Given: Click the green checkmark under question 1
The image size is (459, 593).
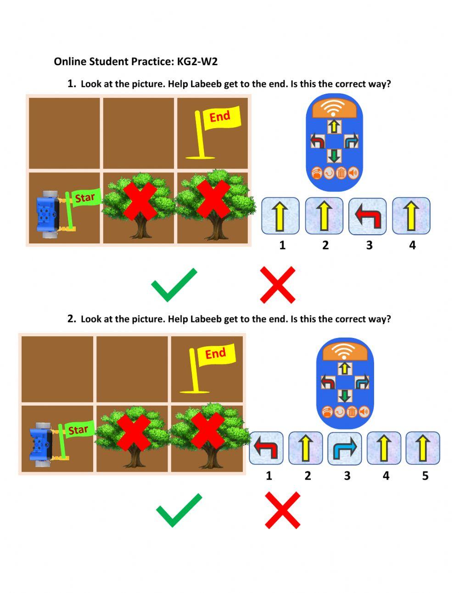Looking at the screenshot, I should (x=174, y=285).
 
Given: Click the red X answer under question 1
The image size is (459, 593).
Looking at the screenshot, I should (x=278, y=285).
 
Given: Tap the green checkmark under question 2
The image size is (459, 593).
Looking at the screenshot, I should (x=179, y=510).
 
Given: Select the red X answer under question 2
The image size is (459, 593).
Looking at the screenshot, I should (x=283, y=510).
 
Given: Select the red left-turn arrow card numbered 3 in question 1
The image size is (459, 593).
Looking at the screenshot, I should (x=368, y=216).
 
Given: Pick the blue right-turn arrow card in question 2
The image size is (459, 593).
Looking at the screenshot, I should (x=345, y=448).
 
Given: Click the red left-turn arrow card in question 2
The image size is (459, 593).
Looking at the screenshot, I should (x=266, y=448).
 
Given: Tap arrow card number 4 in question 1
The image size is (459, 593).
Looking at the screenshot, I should (x=411, y=216).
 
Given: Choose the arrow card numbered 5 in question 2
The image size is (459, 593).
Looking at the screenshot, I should (x=423, y=448).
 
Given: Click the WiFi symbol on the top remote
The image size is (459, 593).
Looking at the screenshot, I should (x=334, y=108).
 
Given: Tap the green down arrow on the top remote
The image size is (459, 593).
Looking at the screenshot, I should (x=334, y=156).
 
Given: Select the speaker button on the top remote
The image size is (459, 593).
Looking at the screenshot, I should (x=353, y=173).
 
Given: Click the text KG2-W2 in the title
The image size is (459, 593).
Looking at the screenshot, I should (x=197, y=61).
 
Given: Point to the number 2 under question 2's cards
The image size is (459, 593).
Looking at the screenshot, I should (x=308, y=476).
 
